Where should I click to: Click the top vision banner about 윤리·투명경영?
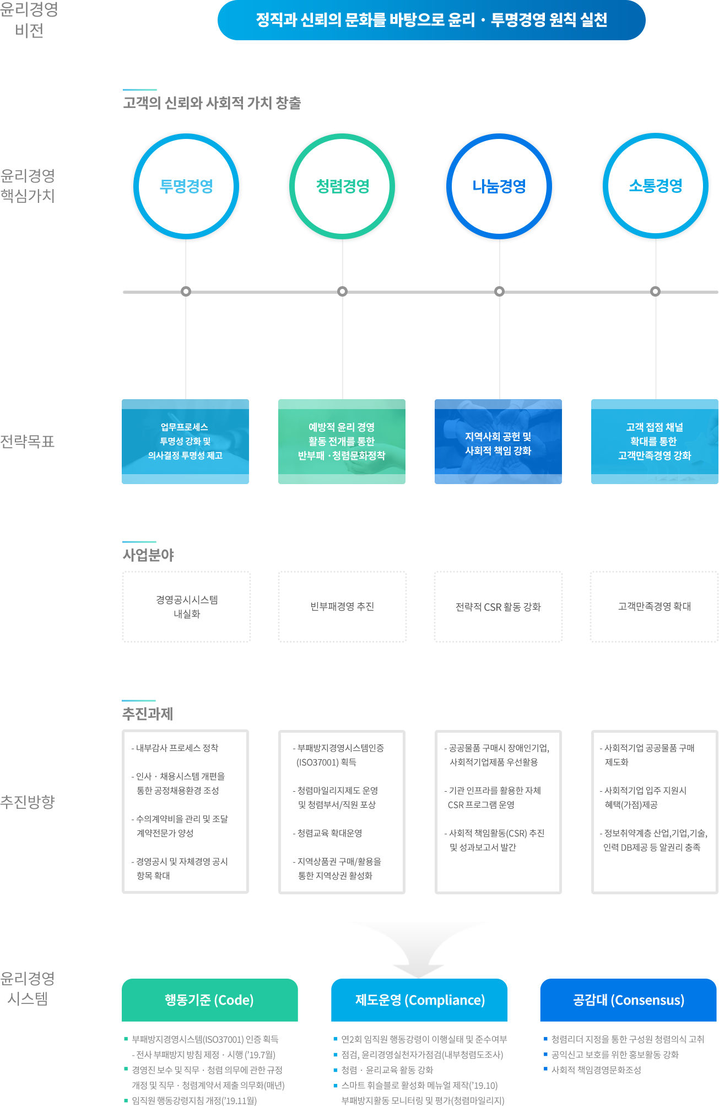click(x=431, y=20)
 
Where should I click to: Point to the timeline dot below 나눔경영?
click(x=499, y=291)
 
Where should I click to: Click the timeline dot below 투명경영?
click(x=186, y=291)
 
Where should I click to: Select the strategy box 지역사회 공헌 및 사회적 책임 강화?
click(x=498, y=442)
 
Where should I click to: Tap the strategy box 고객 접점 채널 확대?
click(x=655, y=442)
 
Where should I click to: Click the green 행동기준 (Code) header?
click(x=210, y=1000)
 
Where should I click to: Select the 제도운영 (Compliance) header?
click(x=419, y=1000)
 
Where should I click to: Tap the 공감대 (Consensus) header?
click(x=629, y=1000)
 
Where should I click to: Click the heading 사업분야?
click(x=148, y=555)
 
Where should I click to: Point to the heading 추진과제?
click(x=148, y=714)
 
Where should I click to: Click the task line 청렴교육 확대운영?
click(x=327, y=833)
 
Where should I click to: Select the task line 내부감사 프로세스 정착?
click(x=175, y=748)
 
